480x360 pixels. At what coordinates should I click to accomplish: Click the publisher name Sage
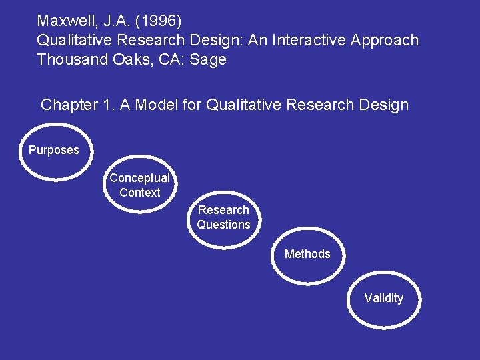(208, 59)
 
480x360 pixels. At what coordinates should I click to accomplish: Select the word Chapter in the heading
(67, 105)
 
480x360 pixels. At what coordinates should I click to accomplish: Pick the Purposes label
(53, 150)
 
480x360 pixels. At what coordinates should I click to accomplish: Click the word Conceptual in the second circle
(139, 178)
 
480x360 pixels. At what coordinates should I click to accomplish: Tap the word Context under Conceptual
(140, 193)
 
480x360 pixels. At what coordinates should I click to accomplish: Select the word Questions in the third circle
(223, 225)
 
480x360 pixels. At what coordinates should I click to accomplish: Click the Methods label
(307, 254)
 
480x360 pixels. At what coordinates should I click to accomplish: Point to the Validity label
(383, 298)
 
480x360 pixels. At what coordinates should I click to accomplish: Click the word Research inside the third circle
(223, 210)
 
